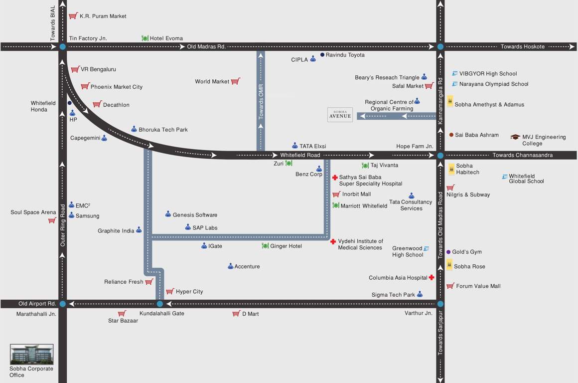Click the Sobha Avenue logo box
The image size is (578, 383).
point(340,115)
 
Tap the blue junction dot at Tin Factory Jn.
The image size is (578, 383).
point(62,46)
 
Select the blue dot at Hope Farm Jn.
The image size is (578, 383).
point(440,155)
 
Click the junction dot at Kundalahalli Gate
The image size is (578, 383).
point(159,304)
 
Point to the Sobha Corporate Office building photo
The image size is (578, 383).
point(31,354)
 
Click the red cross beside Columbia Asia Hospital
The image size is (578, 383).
point(432,278)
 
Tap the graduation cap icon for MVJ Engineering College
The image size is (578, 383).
point(515,137)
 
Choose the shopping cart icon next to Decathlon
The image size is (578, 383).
point(97,104)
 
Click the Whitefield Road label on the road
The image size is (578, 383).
point(300,155)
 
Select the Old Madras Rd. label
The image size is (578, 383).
point(206,46)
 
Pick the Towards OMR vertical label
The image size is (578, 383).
point(261,101)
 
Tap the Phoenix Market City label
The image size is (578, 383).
point(116,87)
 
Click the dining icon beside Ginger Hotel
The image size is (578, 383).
point(265,246)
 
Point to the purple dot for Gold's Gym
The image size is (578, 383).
point(448,252)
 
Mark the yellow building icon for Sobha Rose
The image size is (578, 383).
point(449,265)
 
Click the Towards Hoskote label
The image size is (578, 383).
point(523,46)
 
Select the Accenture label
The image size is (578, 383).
point(247,266)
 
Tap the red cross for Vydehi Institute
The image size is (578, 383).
point(333,241)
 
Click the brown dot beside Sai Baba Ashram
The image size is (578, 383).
point(451,135)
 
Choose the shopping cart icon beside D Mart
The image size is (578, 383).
point(236,313)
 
